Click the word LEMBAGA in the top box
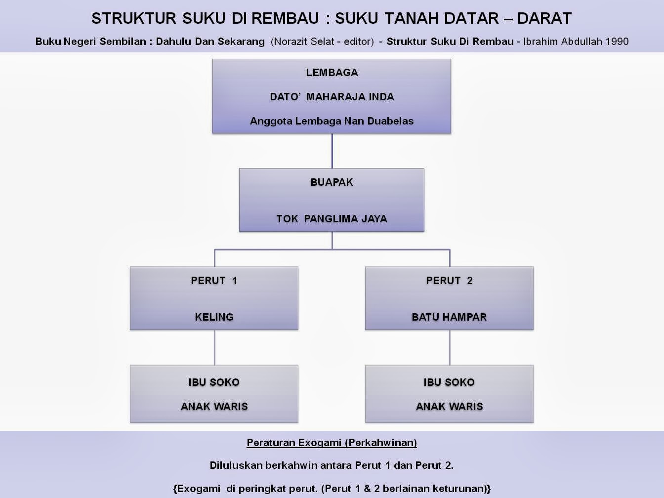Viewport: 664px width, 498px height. pos(332,73)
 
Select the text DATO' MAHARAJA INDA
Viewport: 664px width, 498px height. pos(332,97)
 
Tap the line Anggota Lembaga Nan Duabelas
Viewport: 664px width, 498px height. pos(332,121)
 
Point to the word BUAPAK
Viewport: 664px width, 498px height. pos(332,182)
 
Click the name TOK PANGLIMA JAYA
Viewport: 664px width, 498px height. pos(332,218)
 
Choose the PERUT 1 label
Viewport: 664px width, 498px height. pos(214,281)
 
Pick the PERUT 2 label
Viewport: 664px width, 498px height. pos(449,281)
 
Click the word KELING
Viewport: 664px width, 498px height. pos(214,317)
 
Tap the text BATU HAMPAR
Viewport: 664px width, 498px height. pos(449,317)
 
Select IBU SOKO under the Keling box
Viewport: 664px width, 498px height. pos(214,382)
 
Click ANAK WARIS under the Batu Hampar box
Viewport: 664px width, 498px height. pos(449,407)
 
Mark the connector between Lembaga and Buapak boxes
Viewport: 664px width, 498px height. pos(332,151)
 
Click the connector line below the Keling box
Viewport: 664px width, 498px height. pos(214,347)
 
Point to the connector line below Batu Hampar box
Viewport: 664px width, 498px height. pos(450,347)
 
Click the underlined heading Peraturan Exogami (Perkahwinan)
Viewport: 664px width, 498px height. pos(332,443)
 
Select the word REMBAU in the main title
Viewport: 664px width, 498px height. pos(285,18)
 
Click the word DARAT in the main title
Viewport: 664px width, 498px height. pos(544,18)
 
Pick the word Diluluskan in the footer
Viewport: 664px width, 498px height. pos(236,465)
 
